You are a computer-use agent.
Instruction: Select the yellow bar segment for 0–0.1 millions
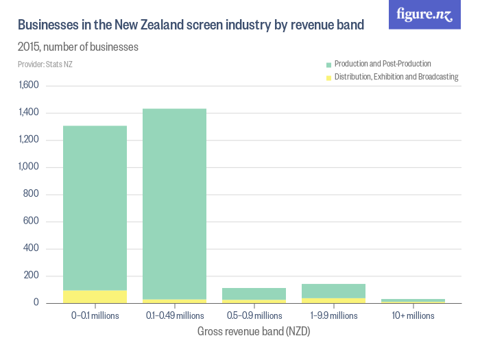[x=95, y=296]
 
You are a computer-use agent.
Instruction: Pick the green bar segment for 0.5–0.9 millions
[x=254, y=293]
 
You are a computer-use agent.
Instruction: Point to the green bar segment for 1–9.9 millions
[x=333, y=291]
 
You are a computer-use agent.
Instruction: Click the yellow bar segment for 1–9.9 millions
[x=333, y=300]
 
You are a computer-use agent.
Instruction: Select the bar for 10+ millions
[x=413, y=300]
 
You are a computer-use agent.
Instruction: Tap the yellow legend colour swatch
[x=328, y=77]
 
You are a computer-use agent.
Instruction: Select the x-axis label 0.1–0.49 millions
[x=174, y=315]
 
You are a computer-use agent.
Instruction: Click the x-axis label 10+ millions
[x=413, y=315]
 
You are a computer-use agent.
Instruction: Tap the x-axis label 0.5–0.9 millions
[x=254, y=315]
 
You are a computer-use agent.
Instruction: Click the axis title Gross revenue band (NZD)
[x=254, y=331]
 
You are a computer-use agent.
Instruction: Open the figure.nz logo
[x=424, y=14]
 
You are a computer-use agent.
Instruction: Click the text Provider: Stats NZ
[x=45, y=64]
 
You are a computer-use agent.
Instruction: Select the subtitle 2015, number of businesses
[x=78, y=47]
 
